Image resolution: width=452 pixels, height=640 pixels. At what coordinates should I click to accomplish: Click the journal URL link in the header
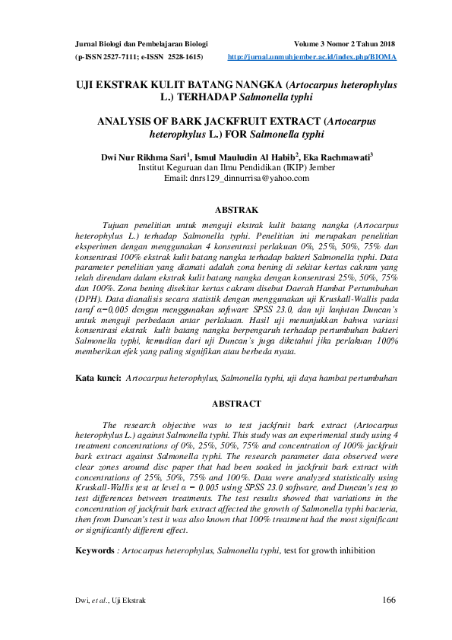313,57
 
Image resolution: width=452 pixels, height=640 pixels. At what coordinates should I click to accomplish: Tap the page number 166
390,600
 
